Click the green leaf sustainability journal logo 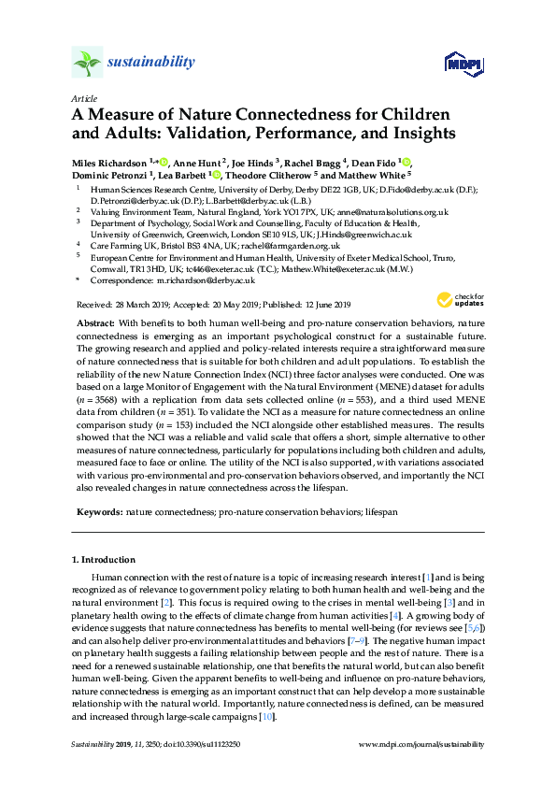click(x=87, y=63)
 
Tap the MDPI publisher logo click(x=463, y=64)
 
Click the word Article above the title click(x=82, y=98)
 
